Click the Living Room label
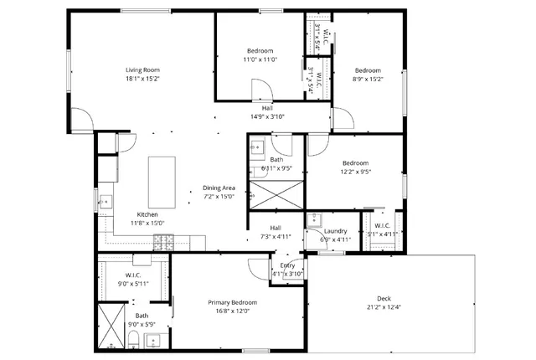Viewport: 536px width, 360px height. coord(142,69)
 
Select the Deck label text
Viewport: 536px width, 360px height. coord(384,299)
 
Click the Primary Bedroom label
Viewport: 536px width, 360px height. coord(232,302)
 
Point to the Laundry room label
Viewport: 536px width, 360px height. coord(336,231)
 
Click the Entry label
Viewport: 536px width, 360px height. coord(287,265)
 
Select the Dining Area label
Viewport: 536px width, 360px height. coord(219,188)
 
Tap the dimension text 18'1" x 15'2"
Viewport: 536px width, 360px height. coord(142,80)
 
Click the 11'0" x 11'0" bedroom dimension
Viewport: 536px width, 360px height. coord(260,59)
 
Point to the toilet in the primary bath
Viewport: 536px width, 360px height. coord(134,339)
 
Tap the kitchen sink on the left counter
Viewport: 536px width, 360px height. coord(106,201)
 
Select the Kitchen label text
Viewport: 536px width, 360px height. coord(124,214)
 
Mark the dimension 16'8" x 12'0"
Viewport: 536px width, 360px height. coord(232,311)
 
